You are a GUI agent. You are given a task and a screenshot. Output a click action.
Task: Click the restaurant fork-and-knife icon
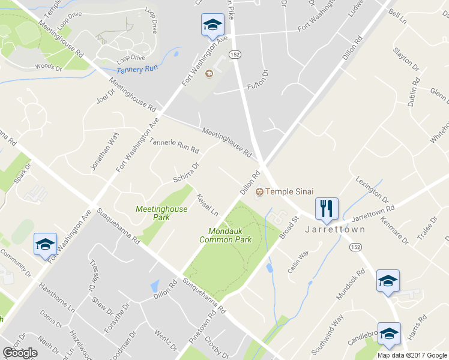pos(327,208)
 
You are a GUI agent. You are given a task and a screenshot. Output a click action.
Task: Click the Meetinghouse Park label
pos(161,213)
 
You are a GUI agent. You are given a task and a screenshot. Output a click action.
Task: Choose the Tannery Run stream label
pos(137,70)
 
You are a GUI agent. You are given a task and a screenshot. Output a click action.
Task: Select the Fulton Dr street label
pos(258,81)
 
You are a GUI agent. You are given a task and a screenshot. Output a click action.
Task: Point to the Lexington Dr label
pos(372,190)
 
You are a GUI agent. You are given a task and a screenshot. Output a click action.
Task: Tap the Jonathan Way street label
pos(103,153)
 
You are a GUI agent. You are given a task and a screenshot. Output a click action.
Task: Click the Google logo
pos(20,353)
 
